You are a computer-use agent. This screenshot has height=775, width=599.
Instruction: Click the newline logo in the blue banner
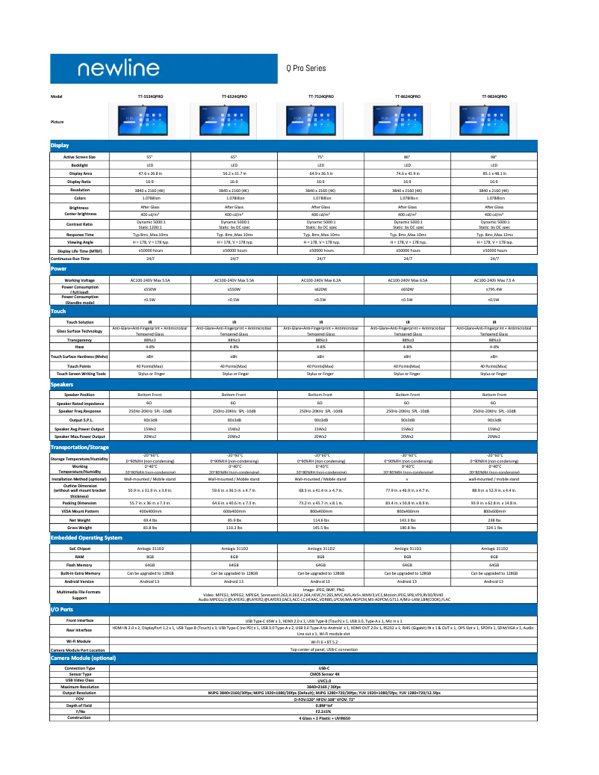coord(115,69)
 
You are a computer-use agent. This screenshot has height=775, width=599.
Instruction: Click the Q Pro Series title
coord(306,68)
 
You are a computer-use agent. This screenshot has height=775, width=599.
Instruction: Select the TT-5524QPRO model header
coord(150,97)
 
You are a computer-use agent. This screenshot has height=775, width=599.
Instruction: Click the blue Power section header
coord(60,268)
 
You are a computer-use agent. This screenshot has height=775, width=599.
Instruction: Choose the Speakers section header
coord(62,384)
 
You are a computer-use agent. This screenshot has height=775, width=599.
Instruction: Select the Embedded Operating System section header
coord(86,538)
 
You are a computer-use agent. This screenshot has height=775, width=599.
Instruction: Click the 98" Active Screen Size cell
coord(494,157)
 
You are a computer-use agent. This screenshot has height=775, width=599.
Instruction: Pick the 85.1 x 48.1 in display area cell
coord(494,173)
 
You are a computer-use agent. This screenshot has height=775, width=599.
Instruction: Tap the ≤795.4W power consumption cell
coord(494,288)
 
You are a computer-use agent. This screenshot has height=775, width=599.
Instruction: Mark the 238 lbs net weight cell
coord(494,519)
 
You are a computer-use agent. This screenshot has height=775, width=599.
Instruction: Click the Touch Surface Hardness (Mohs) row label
coord(79,356)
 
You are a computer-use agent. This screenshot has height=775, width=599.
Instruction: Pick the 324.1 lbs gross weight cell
coord(494,528)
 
